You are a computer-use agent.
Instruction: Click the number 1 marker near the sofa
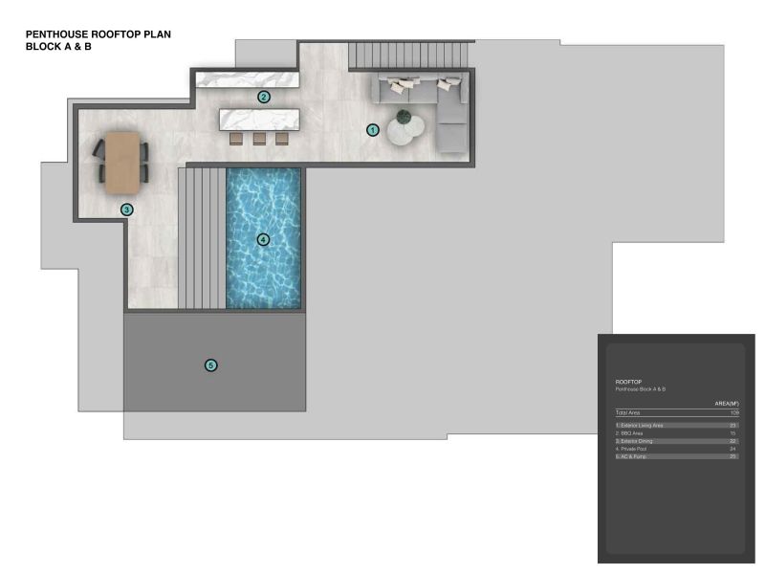point(373,129)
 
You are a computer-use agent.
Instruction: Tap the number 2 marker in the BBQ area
point(264,97)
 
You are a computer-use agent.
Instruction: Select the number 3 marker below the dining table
point(126,209)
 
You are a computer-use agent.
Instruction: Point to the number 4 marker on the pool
point(263,239)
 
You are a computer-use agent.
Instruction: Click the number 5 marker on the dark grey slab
point(211,364)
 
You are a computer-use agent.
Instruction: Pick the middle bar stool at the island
point(259,139)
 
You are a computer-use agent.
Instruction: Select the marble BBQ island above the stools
point(259,119)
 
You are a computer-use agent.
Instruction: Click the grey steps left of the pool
point(201,237)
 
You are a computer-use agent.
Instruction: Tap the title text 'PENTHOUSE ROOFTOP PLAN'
point(98,33)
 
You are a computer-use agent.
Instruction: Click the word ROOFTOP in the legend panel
point(627,381)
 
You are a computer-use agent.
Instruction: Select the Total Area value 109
point(733,412)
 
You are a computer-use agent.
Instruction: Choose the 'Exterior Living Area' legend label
point(640,425)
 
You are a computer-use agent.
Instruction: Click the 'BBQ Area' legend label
point(632,432)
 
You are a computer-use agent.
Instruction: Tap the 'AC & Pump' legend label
point(633,457)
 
